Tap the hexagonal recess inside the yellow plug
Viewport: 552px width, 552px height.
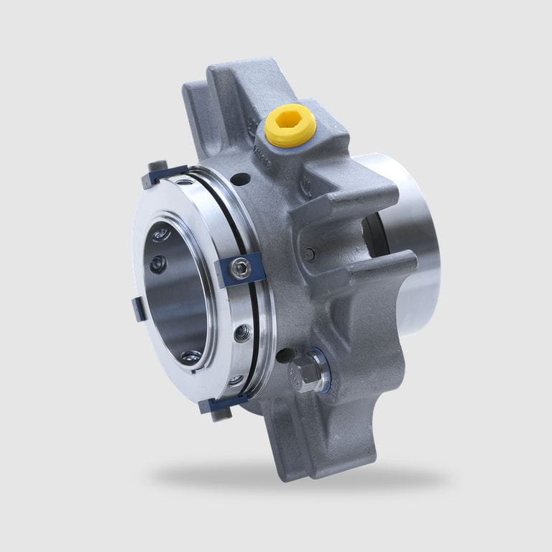[x=290, y=121]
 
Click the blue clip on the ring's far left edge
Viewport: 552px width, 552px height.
[x=139, y=309]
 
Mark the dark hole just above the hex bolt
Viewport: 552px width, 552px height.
[x=285, y=354]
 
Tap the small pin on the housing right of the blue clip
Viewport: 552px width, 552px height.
[x=309, y=253]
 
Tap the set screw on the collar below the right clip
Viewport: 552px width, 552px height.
[x=244, y=331]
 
